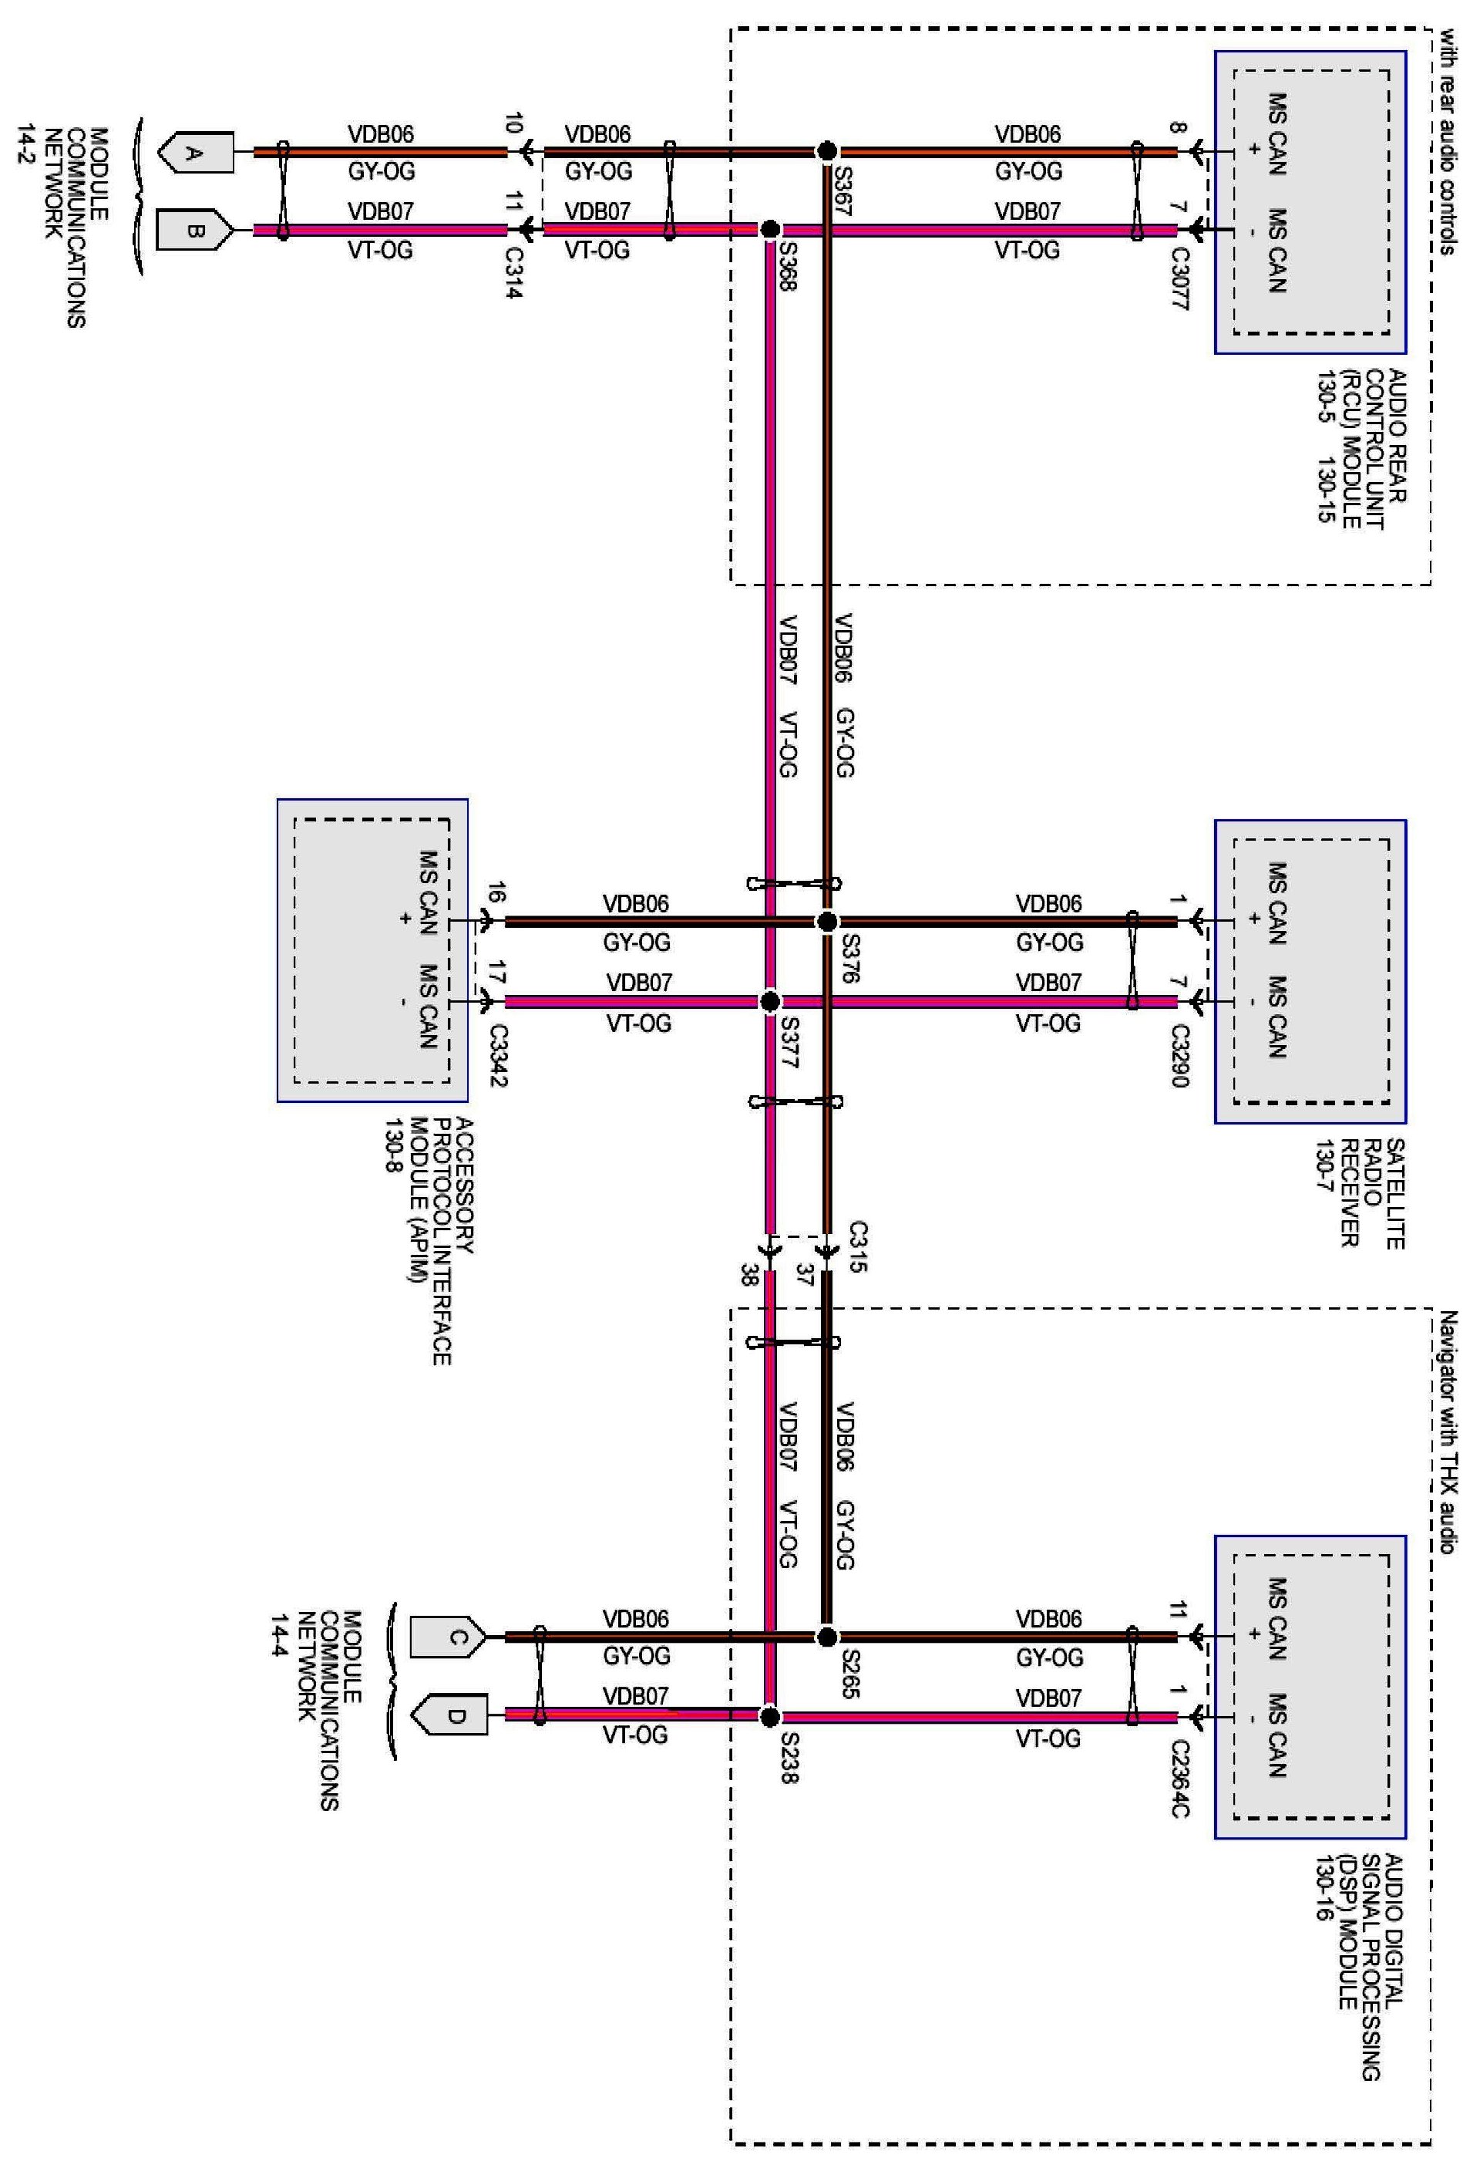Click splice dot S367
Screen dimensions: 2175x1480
(x=826, y=150)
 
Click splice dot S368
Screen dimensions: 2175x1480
(x=769, y=229)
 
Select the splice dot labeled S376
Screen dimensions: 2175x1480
(x=826, y=922)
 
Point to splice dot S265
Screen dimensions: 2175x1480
(x=826, y=1637)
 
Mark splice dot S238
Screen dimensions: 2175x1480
(x=769, y=1716)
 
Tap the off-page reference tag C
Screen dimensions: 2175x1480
(x=449, y=1637)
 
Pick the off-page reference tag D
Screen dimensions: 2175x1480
(x=449, y=1715)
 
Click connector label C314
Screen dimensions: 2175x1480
(x=513, y=272)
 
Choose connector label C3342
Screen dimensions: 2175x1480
(x=496, y=1056)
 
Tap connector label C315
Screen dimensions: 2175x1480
(x=858, y=1246)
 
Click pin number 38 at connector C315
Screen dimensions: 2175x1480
(x=748, y=1275)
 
